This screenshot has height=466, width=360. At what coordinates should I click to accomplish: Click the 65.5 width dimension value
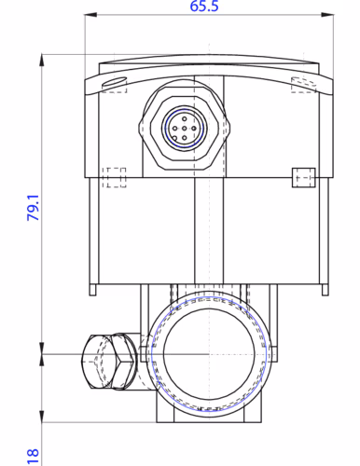point(204,6)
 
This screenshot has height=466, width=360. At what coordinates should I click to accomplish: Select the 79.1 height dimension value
point(34,208)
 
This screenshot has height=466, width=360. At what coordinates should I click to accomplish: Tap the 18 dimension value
point(33,457)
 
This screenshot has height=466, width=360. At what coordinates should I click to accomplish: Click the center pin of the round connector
point(185,128)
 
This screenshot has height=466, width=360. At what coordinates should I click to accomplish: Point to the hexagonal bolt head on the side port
point(123,362)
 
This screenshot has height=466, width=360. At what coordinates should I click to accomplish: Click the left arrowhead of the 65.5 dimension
point(90,14)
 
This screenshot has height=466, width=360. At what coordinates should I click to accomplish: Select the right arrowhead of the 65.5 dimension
point(327,14)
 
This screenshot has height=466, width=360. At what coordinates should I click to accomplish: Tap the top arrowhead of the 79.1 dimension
point(42,61)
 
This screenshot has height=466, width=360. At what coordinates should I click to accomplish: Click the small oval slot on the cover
point(114,82)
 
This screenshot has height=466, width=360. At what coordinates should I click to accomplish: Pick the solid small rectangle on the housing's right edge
point(304,178)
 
